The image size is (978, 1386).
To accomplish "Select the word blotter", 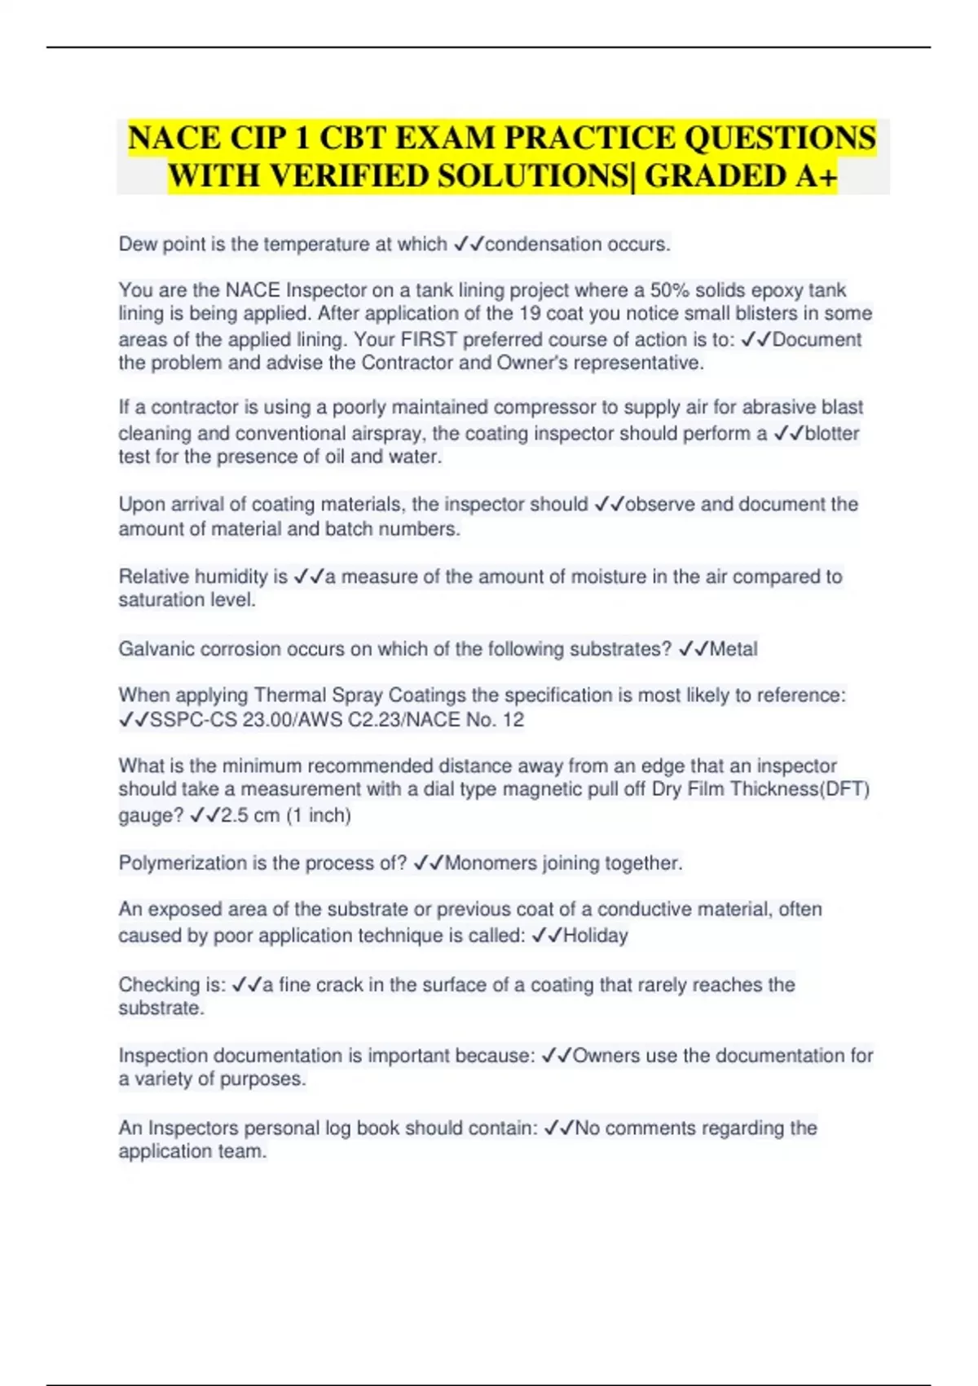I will click(x=831, y=434).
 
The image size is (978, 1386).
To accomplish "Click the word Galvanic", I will click(x=156, y=649).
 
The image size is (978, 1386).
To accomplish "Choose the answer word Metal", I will click(x=733, y=649).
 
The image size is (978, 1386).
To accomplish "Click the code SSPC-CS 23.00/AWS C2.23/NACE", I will click(x=306, y=720).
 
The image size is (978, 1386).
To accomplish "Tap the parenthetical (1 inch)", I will click(x=319, y=815).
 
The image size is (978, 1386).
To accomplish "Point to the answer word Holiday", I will click(x=596, y=935).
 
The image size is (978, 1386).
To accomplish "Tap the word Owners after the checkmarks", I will click(x=606, y=1056).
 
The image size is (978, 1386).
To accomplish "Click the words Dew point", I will click(x=162, y=245).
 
